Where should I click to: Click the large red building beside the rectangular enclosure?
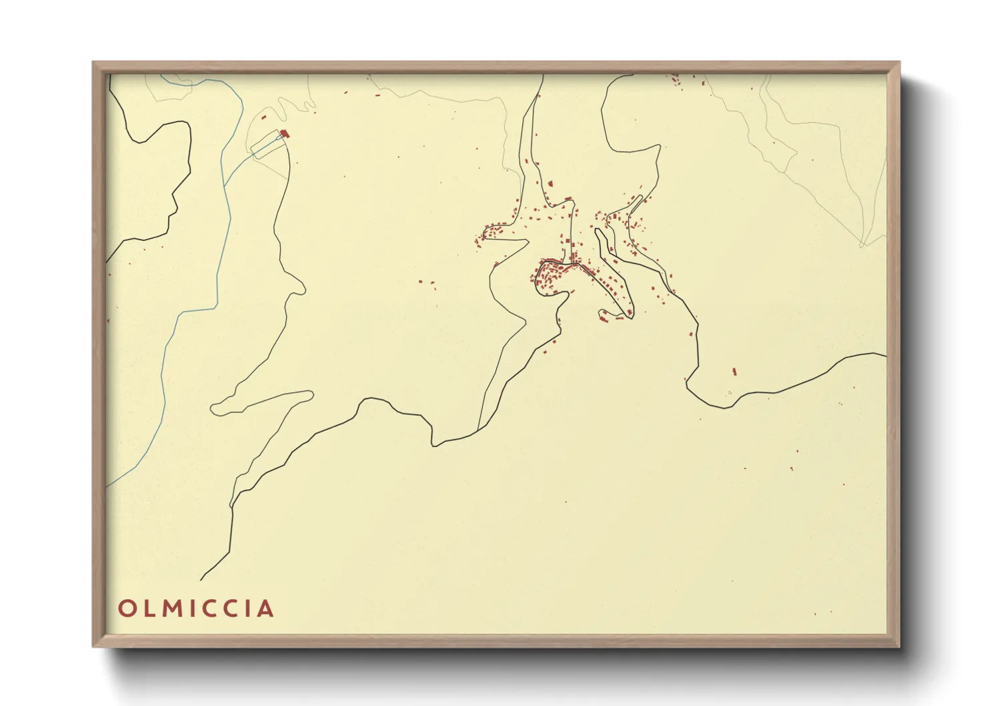(x=285, y=134)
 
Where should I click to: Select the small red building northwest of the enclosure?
(x=264, y=117)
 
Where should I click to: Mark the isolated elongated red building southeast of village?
(x=734, y=370)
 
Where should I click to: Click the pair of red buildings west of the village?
(x=425, y=282)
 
